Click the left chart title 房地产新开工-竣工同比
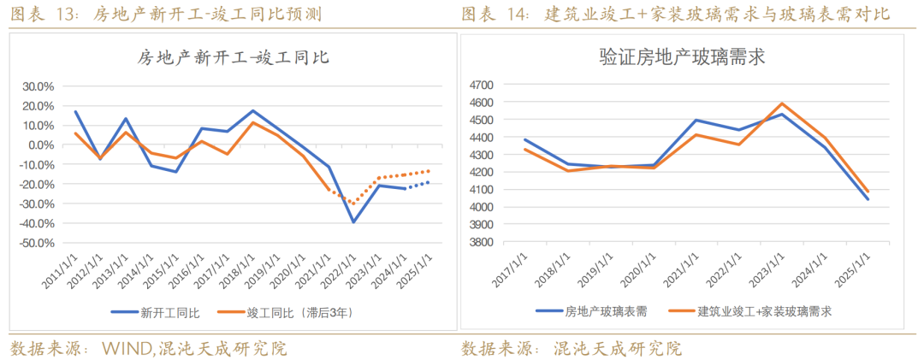pyautogui.click(x=234, y=58)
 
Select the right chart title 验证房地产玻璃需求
pyautogui.click(x=682, y=57)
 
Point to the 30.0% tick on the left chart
pyautogui.click(x=38, y=86)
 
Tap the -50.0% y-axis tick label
pyautogui.click(x=36, y=243)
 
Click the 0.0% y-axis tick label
pyautogui.click(x=41, y=145)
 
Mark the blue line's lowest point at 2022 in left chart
pyautogui.click(x=352, y=222)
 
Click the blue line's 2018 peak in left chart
pyautogui.click(x=253, y=111)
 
